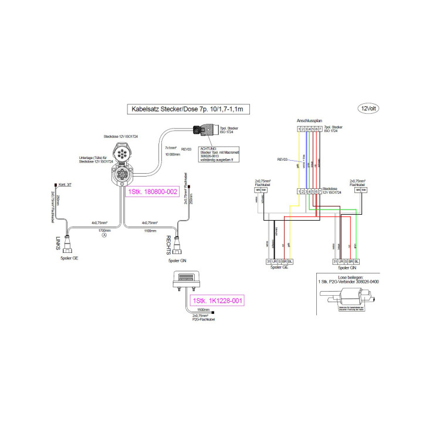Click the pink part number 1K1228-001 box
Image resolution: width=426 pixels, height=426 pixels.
[217, 300]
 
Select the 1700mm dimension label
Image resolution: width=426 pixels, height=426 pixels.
[105, 231]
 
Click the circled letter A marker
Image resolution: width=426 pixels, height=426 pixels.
[104, 236]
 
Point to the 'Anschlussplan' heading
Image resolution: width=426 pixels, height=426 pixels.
[309, 120]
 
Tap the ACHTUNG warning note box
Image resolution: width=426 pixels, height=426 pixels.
[217, 154]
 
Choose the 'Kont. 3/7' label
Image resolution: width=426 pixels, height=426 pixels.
[65, 184]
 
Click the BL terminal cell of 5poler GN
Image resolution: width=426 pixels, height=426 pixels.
[357, 261]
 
